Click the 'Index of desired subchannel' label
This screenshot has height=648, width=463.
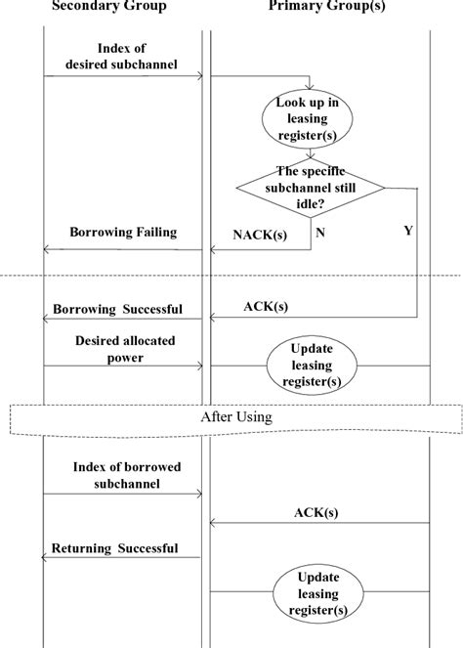[124, 57]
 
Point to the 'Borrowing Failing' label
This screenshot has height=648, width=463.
[122, 233]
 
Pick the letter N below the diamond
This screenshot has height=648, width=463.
[319, 233]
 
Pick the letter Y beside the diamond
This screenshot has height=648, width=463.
[407, 232]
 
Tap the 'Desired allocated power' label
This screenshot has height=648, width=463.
[122, 350]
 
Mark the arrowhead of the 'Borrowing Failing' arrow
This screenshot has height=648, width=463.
[47, 249]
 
